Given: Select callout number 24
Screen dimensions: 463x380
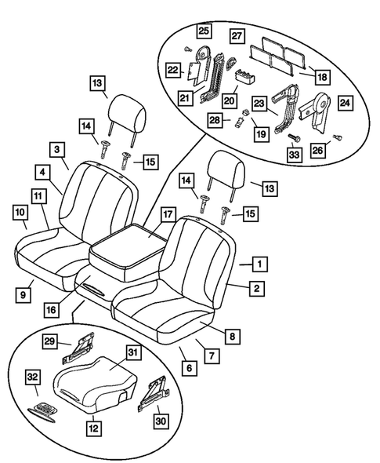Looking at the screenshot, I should (x=344, y=100).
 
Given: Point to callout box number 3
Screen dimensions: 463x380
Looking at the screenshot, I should (x=57, y=148).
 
